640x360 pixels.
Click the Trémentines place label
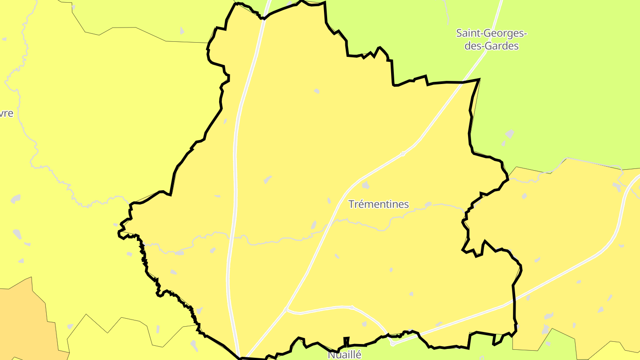tap(378, 204)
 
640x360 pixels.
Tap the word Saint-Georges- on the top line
tap(492, 33)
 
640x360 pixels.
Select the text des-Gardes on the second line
tap(492, 45)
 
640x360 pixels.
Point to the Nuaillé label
tap(344, 355)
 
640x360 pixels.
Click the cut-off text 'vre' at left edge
tap(7, 113)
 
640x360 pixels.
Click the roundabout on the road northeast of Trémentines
tap(403, 154)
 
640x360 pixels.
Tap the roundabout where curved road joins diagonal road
tap(286, 309)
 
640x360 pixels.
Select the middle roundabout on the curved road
tap(352, 307)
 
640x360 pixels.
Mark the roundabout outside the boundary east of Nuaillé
tap(392, 343)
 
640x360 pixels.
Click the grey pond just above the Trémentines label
tap(365, 185)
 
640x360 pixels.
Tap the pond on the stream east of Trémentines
tap(428, 204)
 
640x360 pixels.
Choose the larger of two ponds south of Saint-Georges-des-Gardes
tap(509, 134)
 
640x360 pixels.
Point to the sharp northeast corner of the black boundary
tap(479, 80)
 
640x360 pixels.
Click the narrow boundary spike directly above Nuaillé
tap(346, 340)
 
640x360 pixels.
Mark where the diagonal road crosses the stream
tap(330, 223)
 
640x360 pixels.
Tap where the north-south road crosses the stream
tap(232, 237)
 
